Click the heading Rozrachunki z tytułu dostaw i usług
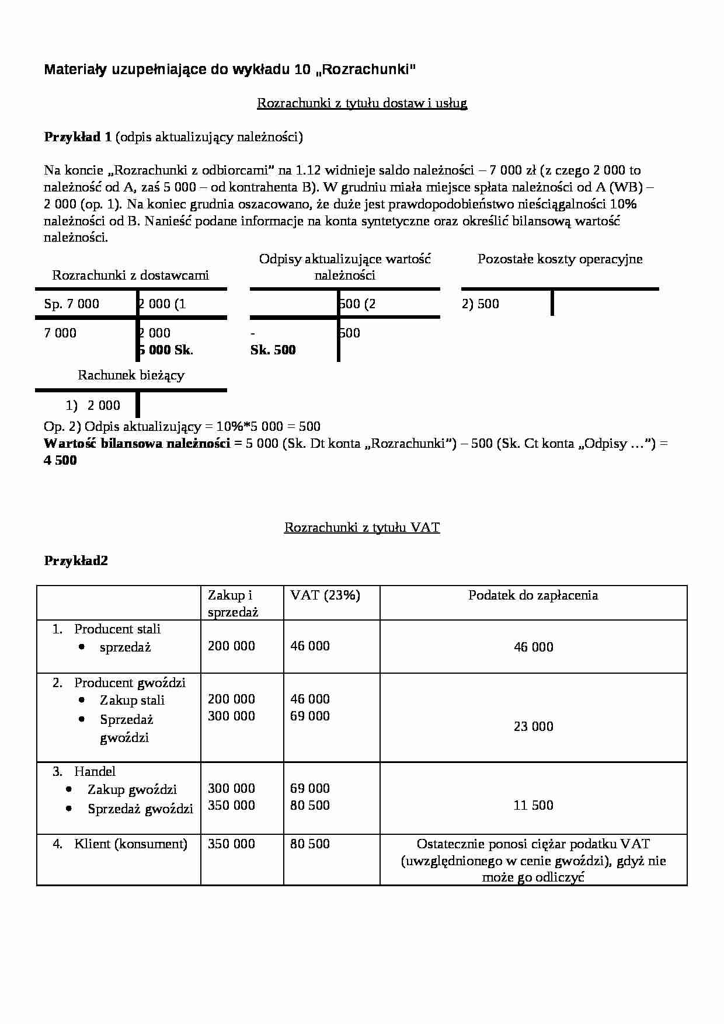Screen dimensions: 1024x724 pyautogui.click(x=361, y=103)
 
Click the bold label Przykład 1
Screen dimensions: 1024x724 pyautogui.click(x=78, y=137)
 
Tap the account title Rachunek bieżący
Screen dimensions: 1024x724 pyautogui.click(x=131, y=375)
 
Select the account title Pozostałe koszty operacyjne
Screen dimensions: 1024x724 pyautogui.click(x=559, y=259)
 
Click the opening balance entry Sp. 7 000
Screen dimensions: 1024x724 pyautogui.click(x=71, y=304)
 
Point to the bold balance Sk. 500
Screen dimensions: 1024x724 pyautogui.click(x=273, y=350)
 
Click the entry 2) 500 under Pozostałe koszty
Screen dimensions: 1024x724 pyautogui.click(x=480, y=304)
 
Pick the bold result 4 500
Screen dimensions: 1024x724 pyautogui.click(x=60, y=460)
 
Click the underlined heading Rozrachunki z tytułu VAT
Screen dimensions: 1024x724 pyautogui.click(x=361, y=528)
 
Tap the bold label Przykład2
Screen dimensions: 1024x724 pyautogui.click(x=76, y=561)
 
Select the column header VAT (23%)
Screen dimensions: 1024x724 pyautogui.click(x=325, y=595)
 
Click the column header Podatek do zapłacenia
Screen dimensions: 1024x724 pyautogui.click(x=532, y=595)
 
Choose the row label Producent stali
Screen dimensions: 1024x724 pyautogui.click(x=117, y=629)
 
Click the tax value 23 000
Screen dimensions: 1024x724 pyautogui.click(x=533, y=727)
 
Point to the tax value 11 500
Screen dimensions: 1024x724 pyautogui.click(x=533, y=806)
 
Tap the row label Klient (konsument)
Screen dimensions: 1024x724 pyautogui.click(x=130, y=844)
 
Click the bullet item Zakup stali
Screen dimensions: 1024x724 pyautogui.click(x=132, y=701)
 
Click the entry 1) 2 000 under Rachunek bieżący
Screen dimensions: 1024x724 pyautogui.click(x=93, y=406)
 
